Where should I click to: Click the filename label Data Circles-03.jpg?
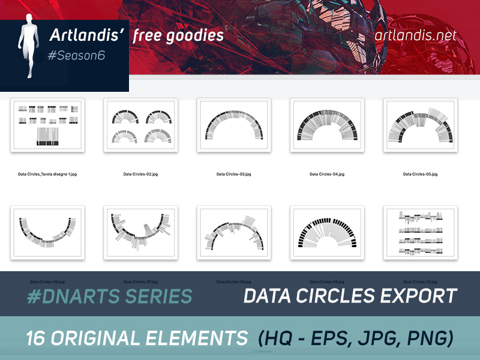[234, 174]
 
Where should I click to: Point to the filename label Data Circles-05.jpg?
[420, 174]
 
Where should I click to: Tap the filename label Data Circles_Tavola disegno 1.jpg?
[47, 174]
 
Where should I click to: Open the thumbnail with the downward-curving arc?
[47, 232]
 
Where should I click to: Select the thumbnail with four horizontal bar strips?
[420, 232]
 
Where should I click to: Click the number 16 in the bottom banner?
[37, 338]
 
